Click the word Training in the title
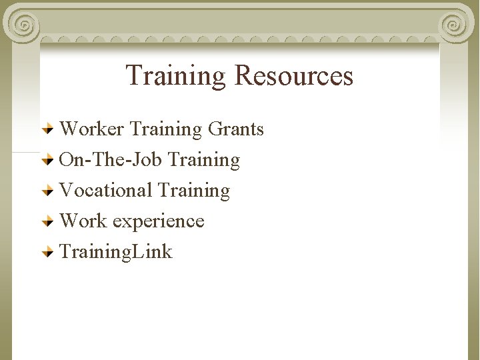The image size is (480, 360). (177, 76)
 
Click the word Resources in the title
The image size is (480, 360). (293, 76)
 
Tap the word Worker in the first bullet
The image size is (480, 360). (92, 129)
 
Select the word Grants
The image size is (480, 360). (236, 129)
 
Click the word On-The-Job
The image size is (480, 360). (111, 159)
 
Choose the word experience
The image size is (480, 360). (159, 221)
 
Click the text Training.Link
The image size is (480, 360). (116, 252)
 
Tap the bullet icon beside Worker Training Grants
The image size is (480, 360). (48, 129)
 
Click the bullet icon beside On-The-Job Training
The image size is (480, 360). (48, 160)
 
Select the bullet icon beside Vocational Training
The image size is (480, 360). (48, 191)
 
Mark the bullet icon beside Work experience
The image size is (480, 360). (48, 221)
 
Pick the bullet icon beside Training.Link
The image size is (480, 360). (48, 252)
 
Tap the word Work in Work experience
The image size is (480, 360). (83, 221)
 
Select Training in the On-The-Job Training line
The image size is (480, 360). (204, 159)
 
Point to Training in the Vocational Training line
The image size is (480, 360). (193, 190)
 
